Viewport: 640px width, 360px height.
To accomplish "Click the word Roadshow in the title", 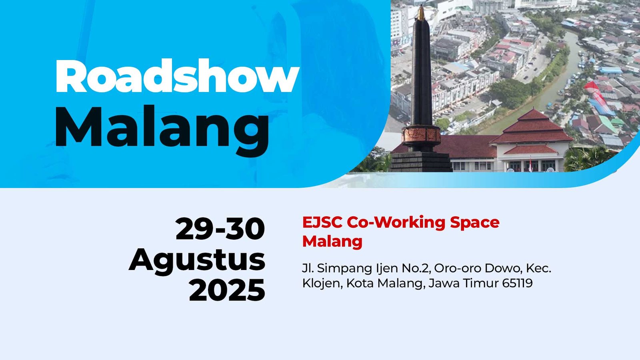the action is [x=177, y=76].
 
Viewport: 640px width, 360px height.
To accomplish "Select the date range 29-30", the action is [x=220, y=229].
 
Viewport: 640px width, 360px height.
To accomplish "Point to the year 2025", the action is [x=227, y=290].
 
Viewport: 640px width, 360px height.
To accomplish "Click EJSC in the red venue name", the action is [x=322, y=222].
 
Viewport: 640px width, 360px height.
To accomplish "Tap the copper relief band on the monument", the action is [x=421, y=134].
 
